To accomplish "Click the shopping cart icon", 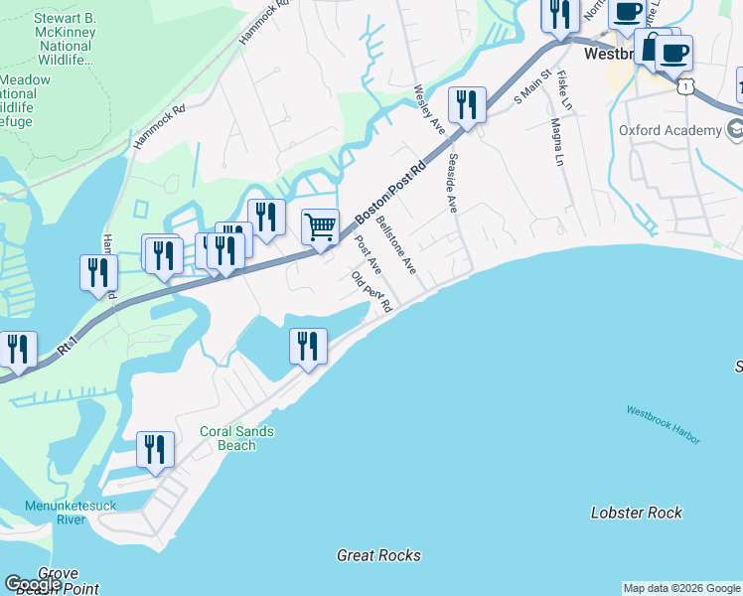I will [x=320, y=226].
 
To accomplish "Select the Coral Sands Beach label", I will [x=236, y=438].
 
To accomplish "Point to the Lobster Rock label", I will [x=636, y=513].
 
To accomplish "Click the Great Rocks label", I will [x=378, y=555].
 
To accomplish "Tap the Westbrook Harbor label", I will [x=663, y=424].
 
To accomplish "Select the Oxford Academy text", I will [x=669, y=131].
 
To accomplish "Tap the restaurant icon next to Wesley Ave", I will [x=467, y=104].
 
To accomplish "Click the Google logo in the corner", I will [x=33, y=584].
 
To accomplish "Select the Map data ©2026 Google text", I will [x=681, y=588].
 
